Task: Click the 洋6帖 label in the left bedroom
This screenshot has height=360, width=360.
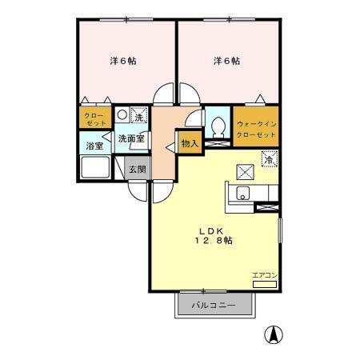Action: pos(122,61)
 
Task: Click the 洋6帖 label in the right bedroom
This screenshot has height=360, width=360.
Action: pos(226,61)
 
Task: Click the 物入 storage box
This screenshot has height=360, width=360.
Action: pos(189,144)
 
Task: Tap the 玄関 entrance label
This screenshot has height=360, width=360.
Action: pos(137,169)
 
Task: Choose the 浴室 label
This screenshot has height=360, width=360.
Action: pos(95,146)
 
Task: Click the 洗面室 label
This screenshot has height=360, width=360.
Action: pos(131,138)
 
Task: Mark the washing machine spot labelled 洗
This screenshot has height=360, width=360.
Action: pos(139,118)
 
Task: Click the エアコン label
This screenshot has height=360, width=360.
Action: pos(264,275)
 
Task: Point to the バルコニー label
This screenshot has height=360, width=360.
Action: pos(213,306)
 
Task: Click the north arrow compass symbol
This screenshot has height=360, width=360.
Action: pos(273,334)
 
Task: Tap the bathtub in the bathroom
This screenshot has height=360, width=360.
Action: pos(95,170)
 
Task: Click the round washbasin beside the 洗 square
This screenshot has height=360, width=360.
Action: pos(122,114)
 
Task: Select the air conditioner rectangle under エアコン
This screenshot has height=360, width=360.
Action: pos(264,284)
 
